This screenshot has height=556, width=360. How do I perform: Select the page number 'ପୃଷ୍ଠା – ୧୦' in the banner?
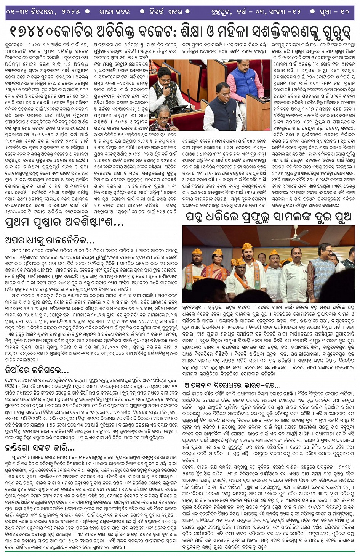334,11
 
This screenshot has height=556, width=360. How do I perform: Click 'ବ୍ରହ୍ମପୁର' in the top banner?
221,11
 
